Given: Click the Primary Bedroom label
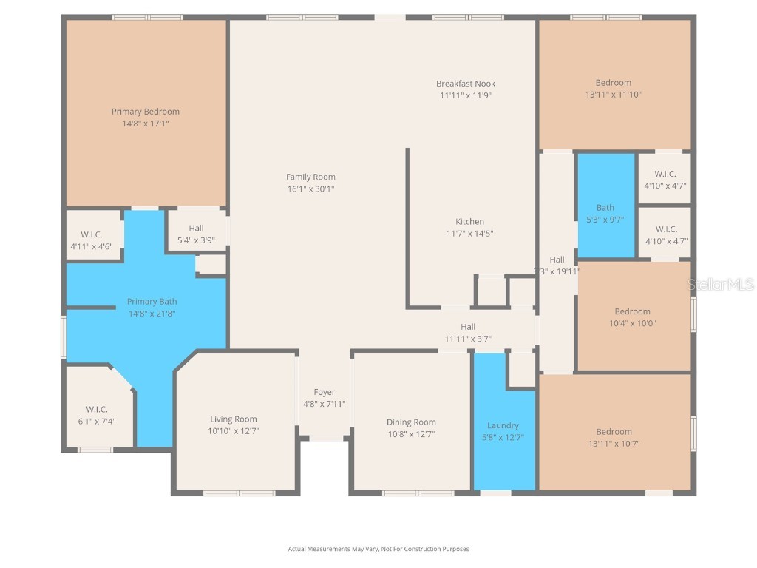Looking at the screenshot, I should (x=146, y=112).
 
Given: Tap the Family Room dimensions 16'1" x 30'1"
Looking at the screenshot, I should (x=310, y=189).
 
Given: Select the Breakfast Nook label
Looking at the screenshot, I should (x=465, y=84).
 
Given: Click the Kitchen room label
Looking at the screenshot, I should (x=469, y=221).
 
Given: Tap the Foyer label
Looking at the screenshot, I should (x=324, y=392).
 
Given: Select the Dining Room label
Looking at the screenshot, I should (x=411, y=422).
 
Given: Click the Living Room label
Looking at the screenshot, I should (x=234, y=419).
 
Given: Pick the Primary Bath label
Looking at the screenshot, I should (x=152, y=302).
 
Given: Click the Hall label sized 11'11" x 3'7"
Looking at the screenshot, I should (x=468, y=327).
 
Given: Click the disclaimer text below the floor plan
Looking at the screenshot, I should (x=378, y=549).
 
